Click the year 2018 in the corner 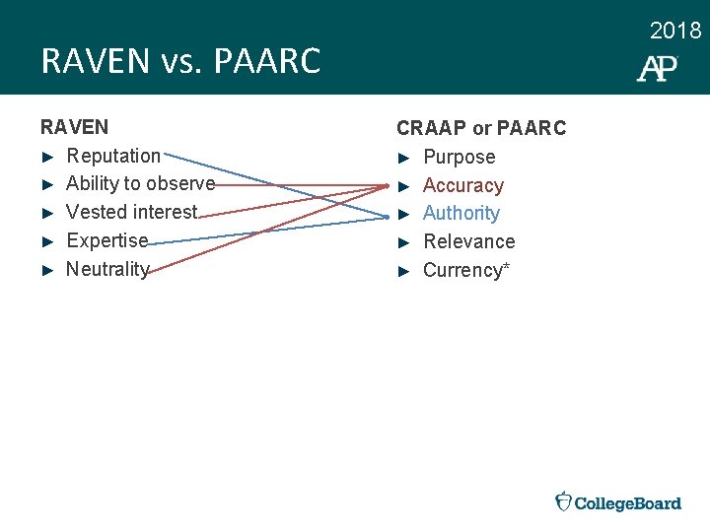pos(675,32)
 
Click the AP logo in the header pos(657,68)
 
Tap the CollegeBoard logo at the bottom pos(618,502)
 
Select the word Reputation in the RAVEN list pos(112,156)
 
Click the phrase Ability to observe pos(140,183)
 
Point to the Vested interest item pos(131,212)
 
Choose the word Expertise pos(106,240)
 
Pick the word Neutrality pos(106,269)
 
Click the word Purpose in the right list pos(459,157)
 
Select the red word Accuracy pos(462,185)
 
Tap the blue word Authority pos(461,213)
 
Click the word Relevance pos(468,241)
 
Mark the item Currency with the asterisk pos(465,270)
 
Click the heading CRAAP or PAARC pos(481,128)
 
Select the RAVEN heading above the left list pos(74,127)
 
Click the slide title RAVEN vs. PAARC pos(180,62)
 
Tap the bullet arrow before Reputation pos(46,157)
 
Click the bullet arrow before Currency pos(402,271)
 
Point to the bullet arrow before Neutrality pos(46,270)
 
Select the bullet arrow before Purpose pos(402,158)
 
